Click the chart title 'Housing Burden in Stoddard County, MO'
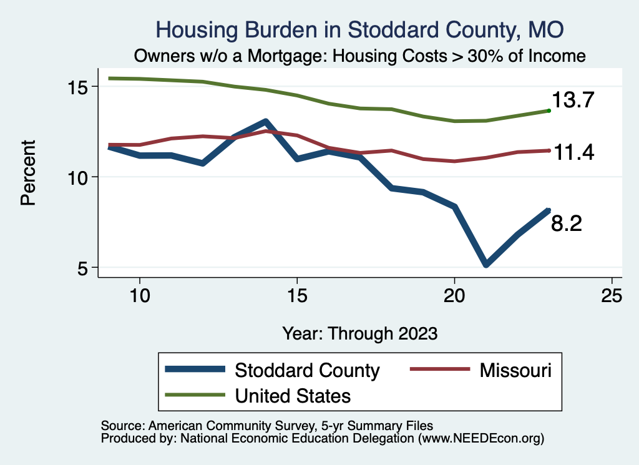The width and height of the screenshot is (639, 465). [x=359, y=29]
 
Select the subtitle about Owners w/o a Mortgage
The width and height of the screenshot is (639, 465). [x=359, y=56]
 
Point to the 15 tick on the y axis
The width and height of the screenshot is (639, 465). [x=80, y=86]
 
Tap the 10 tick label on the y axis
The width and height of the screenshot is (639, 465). [x=80, y=177]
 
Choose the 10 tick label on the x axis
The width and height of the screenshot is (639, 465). [x=140, y=296]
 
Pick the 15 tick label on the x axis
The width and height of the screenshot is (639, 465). [x=297, y=296]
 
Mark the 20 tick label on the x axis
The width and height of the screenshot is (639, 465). [x=454, y=296]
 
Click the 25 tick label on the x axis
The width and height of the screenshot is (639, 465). [x=612, y=296]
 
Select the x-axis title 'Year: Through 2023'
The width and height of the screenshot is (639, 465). [x=359, y=333]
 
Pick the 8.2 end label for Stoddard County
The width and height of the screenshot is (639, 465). [x=566, y=223]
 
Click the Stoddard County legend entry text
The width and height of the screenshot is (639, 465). [x=307, y=370]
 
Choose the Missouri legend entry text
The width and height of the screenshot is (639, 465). [x=515, y=370]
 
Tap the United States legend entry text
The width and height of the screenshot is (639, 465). [x=293, y=395]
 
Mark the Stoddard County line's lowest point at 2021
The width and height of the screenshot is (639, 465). [x=485, y=265]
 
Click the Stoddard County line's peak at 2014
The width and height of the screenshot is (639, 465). [x=266, y=121]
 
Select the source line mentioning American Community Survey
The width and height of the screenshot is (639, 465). [x=266, y=425]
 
